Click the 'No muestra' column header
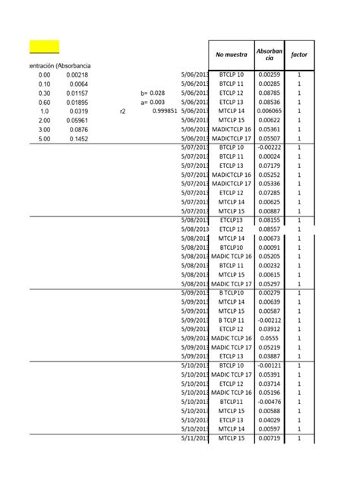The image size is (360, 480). pyautogui.click(x=232, y=55)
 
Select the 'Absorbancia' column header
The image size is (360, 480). pyautogui.click(x=269, y=55)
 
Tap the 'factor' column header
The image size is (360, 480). pyautogui.click(x=298, y=55)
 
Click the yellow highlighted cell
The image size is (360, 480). pyautogui.click(x=44, y=47)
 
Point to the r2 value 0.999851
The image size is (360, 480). pyautogui.click(x=164, y=111)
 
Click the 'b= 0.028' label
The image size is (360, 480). pyautogui.click(x=153, y=93)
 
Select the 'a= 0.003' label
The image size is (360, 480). pyautogui.click(x=153, y=102)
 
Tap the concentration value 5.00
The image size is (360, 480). pyautogui.click(x=43, y=138)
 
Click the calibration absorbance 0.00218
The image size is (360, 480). pyautogui.click(x=77, y=74)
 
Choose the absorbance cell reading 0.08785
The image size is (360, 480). pyautogui.click(x=269, y=93)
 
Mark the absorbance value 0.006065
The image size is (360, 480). pyautogui.click(x=269, y=111)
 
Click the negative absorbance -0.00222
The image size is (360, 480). pyautogui.click(x=269, y=147)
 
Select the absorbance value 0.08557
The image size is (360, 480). pyautogui.click(x=269, y=229)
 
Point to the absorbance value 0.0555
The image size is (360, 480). pyautogui.click(x=269, y=338)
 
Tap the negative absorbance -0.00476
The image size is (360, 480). pyautogui.click(x=269, y=402)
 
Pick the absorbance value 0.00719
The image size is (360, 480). pyautogui.click(x=269, y=438)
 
